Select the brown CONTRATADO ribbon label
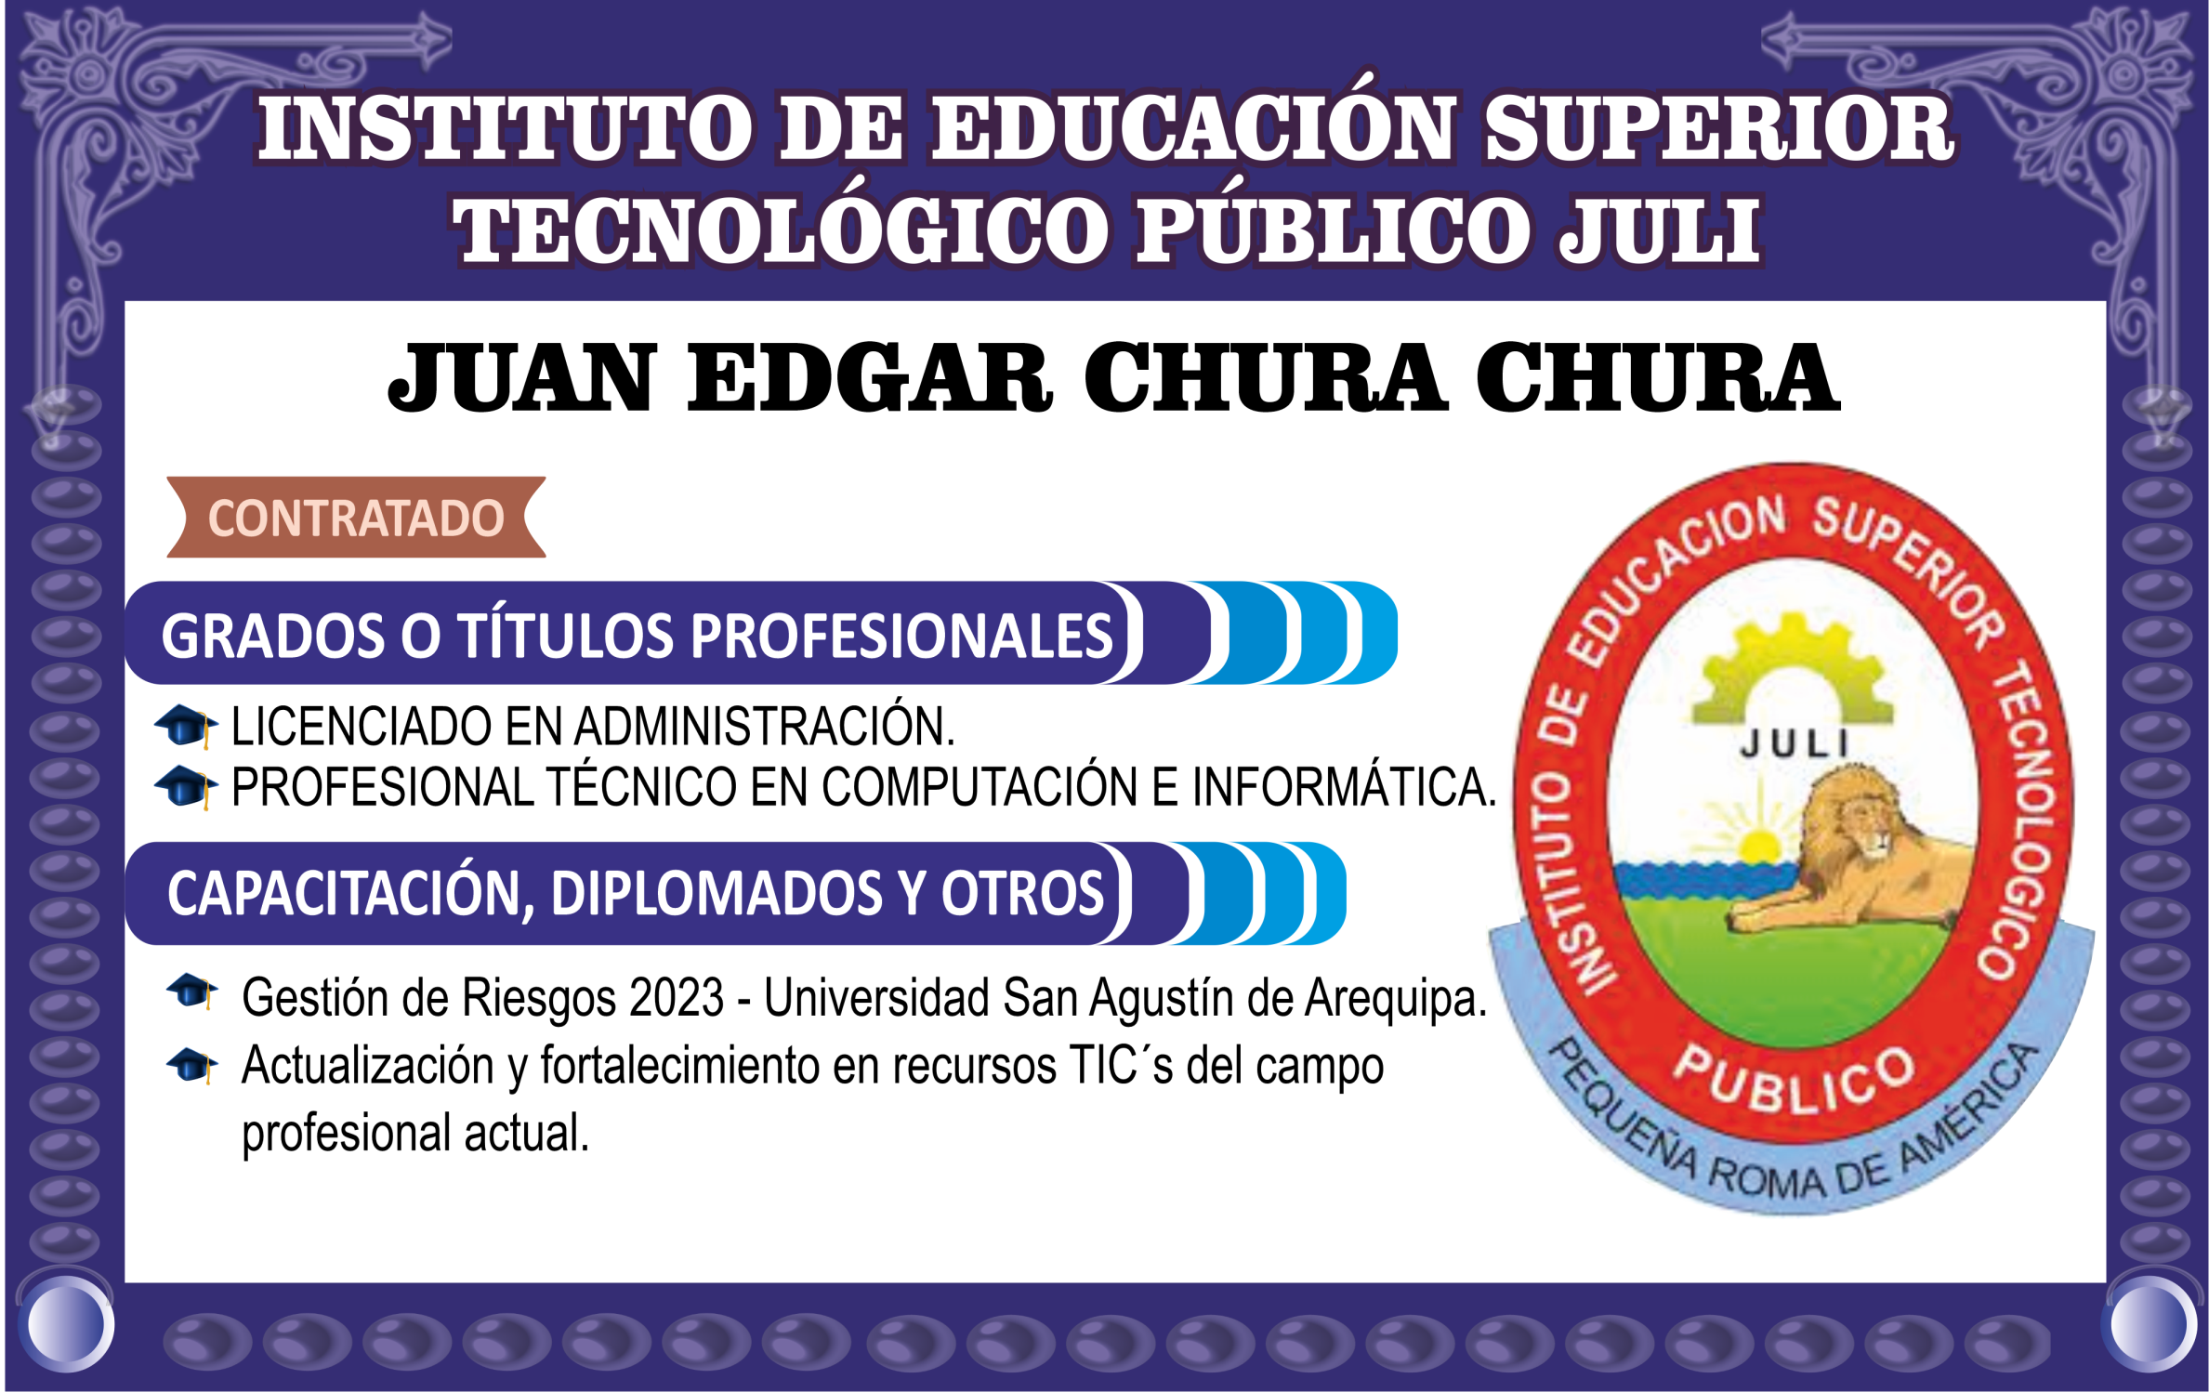tap(356, 518)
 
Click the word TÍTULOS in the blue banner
tap(565, 636)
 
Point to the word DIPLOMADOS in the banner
tap(716, 894)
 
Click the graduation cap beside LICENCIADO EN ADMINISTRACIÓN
tap(186, 726)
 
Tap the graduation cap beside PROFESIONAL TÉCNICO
tap(186, 787)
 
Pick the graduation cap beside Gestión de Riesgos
tap(192, 991)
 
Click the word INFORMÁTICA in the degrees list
tap(1344, 786)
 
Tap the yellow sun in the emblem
tap(1758, 844)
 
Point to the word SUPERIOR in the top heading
tap(1719, 130)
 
